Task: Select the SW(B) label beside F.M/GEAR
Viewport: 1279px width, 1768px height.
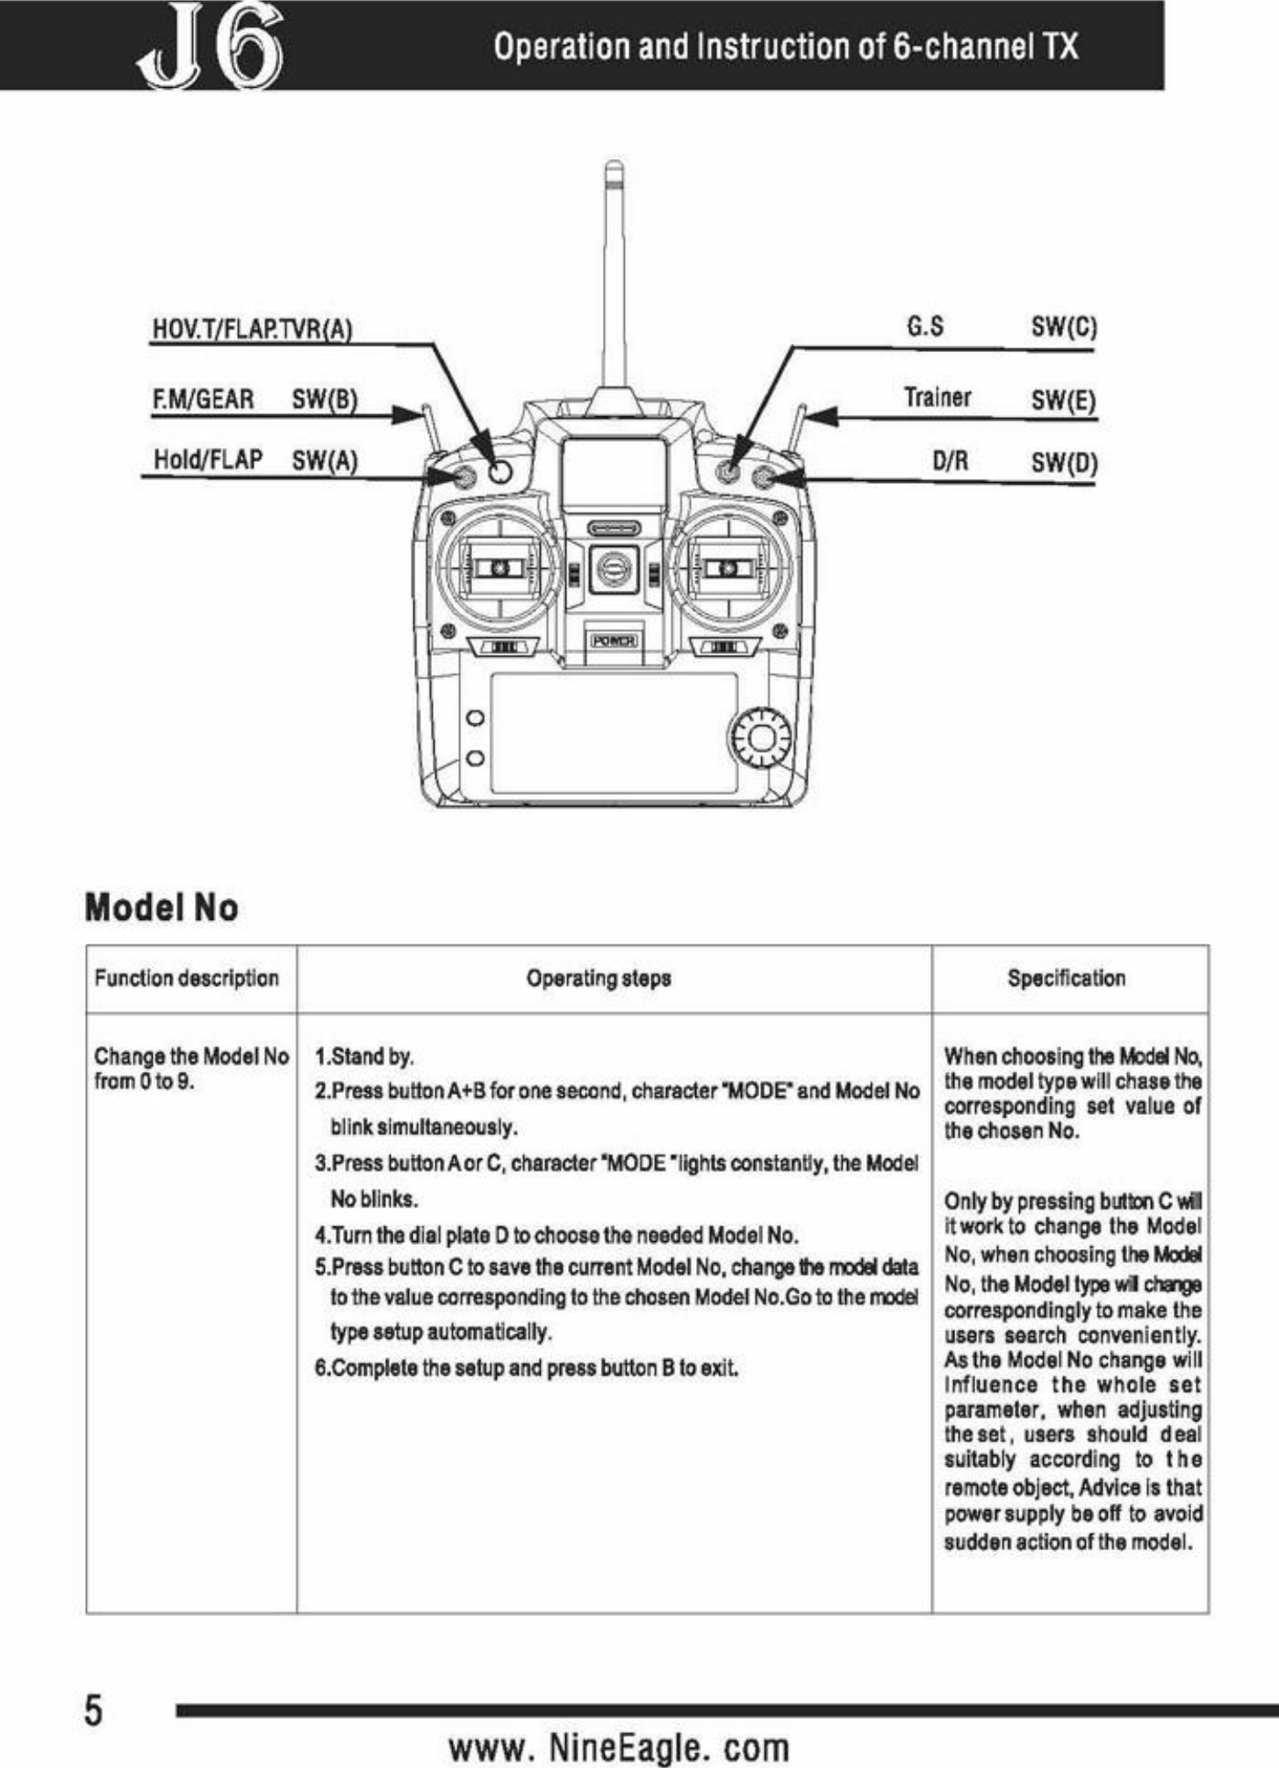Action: point(324,400)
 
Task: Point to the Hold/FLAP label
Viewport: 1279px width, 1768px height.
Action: point(208,459)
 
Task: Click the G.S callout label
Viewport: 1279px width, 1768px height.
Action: point(925,327)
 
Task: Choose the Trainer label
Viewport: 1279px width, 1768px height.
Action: point(938,398)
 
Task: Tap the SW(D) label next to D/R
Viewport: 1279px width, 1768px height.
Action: point(1064,462)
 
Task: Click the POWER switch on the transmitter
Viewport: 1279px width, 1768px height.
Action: point(614,641)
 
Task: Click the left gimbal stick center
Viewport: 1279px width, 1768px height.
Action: point(499,569)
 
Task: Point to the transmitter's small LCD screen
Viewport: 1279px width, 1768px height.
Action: point(614,472)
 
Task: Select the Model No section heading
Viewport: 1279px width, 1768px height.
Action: point(162,908)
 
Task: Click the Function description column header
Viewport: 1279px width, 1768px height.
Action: point(186,978)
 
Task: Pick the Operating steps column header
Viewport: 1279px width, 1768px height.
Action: point(599,978)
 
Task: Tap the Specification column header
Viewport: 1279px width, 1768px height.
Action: point(1066,978)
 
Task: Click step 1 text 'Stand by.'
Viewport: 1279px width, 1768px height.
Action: point(364,1055)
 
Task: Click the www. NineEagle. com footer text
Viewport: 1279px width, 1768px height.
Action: point(619,1746)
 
